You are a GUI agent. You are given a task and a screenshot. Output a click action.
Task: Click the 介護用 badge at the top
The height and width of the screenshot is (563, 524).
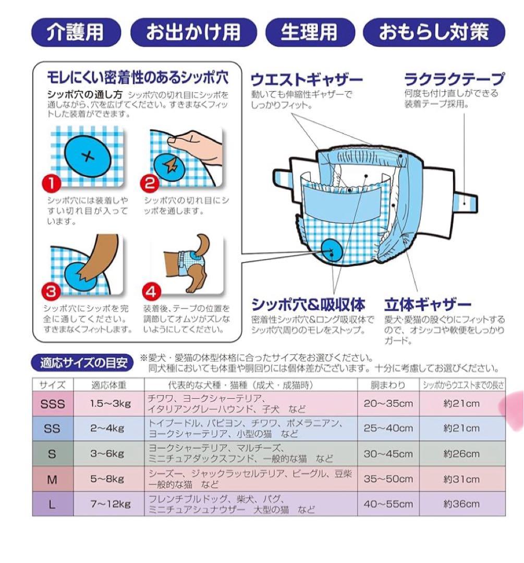[76, 32]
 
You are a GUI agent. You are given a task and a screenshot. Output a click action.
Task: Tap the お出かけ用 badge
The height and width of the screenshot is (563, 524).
[193, 32]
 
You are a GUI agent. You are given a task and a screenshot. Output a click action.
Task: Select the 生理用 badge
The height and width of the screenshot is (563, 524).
[310, 32]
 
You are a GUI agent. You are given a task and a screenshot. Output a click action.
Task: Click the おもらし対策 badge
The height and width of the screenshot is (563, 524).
[434, 32]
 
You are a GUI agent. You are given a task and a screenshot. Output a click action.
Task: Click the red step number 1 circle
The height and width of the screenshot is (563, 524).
[52, 183]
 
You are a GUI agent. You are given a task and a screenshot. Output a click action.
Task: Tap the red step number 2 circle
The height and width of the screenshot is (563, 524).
[150, 183]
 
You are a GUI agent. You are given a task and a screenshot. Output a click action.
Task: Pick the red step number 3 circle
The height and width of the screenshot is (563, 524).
[51, 291]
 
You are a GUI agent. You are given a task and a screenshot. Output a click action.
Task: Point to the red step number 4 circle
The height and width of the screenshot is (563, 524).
[151, 291]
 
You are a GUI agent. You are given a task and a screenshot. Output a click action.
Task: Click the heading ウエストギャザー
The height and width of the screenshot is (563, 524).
[307, 80]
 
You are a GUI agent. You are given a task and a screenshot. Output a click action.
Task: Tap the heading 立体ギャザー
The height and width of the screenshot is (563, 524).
[428, 304]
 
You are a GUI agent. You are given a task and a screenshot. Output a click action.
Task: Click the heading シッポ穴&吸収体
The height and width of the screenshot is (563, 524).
[308, 304]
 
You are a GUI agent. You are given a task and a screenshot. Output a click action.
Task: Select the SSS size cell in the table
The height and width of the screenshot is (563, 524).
[53, 403]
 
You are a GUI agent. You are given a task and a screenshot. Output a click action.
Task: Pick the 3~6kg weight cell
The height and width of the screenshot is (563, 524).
[107, 454]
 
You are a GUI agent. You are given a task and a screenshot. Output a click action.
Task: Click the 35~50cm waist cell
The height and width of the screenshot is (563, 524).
[388, 479]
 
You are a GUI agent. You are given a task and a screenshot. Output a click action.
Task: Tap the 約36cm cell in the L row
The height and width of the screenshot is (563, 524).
[461, 504]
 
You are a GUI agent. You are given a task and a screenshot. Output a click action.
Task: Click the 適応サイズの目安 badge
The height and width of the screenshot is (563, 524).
[82, 363]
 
